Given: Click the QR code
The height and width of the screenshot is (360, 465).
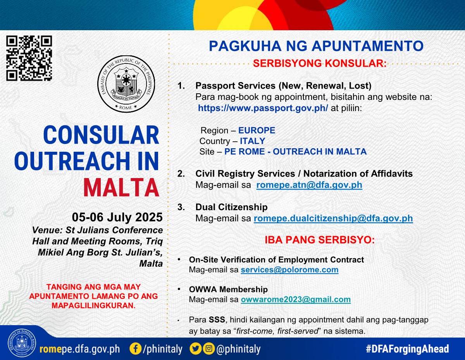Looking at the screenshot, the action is pyautogui.click(x=29, y=58).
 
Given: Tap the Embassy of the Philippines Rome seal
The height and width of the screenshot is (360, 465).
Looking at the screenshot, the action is pyautogui.click(x=126, y=84).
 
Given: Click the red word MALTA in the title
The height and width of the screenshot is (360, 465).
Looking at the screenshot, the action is pyautogui.click(x=121, y=187).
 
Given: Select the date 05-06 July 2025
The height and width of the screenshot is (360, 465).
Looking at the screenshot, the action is pyautogui.click(x=117, y=217).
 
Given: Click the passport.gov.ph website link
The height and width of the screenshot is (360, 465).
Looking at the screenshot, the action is pyautogui.click(x=263, y=108).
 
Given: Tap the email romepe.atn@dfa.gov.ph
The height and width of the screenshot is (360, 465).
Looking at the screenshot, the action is pyautogui.click(x=309, y=185).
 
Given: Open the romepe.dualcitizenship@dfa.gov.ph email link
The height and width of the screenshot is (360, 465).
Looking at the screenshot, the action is pyautogui.click(x=333, y=218).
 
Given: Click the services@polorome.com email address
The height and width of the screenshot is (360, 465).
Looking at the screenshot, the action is pyautogui.click(x=289, y=269).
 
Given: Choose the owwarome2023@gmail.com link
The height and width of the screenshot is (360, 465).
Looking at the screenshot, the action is pyautogui.click(x=296, y=299).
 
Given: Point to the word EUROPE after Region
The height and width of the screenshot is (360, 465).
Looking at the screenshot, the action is pyautogui.click(x=257, y=130).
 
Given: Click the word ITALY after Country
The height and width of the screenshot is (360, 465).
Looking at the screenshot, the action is pyautogui.click(x=253, y=141).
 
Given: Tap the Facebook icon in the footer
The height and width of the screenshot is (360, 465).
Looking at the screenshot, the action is pyautogui.click(x=136, y=349).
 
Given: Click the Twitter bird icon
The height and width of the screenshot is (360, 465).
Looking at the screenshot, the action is pyautogui.click(x=195, y=349).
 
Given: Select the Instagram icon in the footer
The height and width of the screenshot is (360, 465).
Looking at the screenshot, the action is pyautogui.click(x=208, y=349).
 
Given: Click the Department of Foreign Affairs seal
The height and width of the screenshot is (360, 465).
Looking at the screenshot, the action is pyautogui.click(x=22, y=343).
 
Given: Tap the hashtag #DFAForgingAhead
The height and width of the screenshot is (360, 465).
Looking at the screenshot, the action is pyautogui.click(x=407, y=349).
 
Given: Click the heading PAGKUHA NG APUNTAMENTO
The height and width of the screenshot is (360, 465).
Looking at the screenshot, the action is pyautogui.click(x=316, y=46).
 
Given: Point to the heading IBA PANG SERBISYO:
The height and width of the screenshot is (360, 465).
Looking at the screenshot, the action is pyautogui.click(x=320, y=240).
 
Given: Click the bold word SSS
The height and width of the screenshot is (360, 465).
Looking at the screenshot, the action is pyautogui.click(x=217, y=320).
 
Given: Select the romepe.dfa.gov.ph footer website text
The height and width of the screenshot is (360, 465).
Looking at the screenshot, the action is pyautogui.click(x=79, y=349).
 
